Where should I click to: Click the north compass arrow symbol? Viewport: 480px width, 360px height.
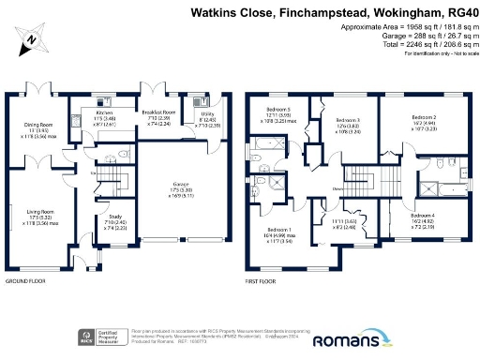coord(30,39)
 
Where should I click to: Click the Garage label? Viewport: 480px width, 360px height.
coord(178,185)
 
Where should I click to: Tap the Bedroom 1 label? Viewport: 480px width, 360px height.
coord(279,230)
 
